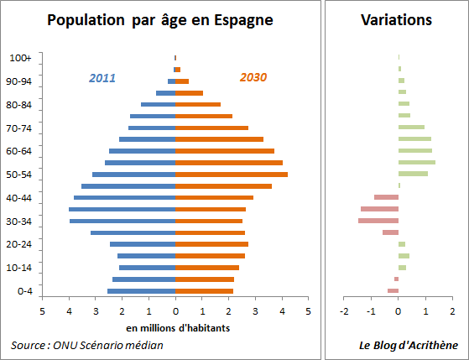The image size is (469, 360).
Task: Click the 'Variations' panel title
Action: click(396, 19)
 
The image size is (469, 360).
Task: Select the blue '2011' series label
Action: click(102, 78)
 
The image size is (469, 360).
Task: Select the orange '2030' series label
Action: click(253, 78)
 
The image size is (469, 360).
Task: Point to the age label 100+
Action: click(21, 58)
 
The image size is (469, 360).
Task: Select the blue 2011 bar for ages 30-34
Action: click(122, 221)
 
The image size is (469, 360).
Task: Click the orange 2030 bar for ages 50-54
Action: click(232, 175)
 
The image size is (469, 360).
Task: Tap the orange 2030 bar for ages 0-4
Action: click(205, 291)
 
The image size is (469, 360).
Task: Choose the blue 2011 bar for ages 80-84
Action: click(158, 105)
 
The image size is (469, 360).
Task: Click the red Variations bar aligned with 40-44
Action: click(386, 197)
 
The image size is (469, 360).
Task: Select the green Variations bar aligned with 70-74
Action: click(411, 128)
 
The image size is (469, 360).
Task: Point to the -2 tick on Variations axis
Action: click(344, 310)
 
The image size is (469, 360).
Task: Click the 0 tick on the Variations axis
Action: click(399, 310)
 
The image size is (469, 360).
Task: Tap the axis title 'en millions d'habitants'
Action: click(175, 326)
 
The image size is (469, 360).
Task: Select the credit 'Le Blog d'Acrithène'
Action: click(409, 345)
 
